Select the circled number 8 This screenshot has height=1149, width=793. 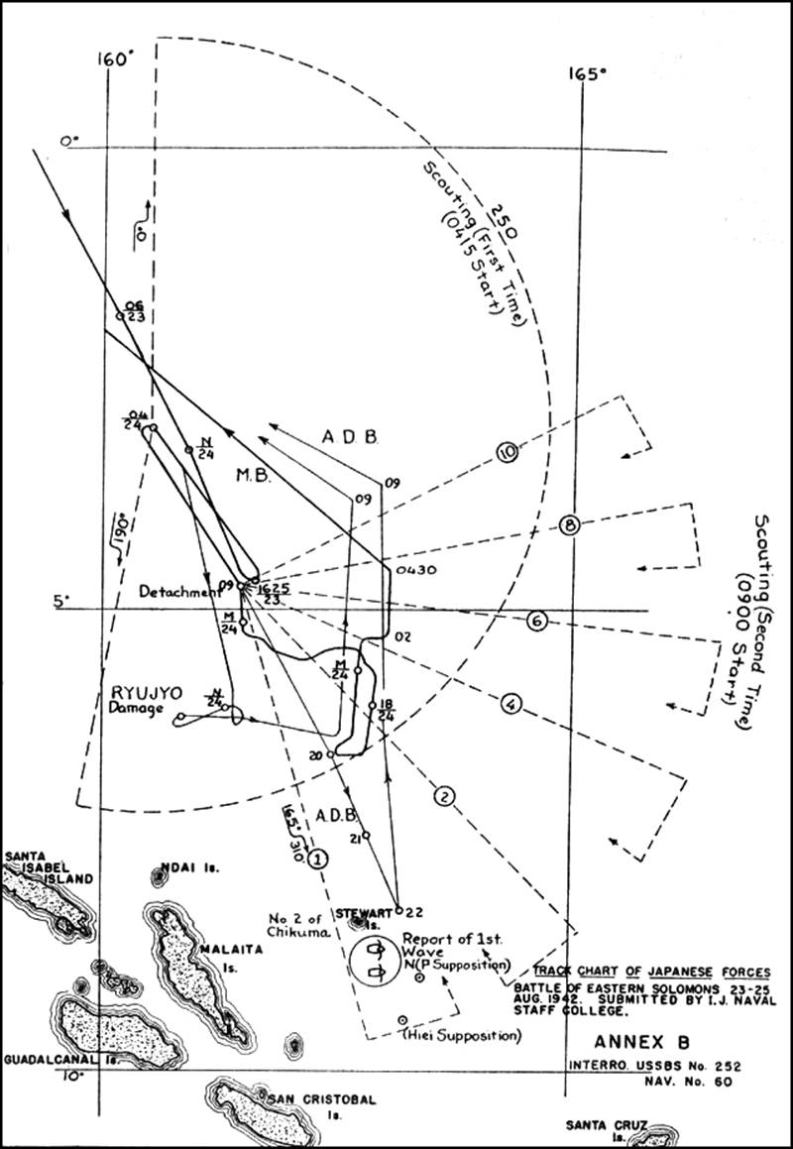(x=568, y=525)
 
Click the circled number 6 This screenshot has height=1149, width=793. (x=536, y=622)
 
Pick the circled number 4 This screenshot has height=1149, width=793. (x=511, y=705)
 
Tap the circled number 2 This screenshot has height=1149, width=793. (x=444, y=795)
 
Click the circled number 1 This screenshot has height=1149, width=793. (x=318, y=860)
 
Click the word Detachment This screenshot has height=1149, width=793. (x=178, y=591)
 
